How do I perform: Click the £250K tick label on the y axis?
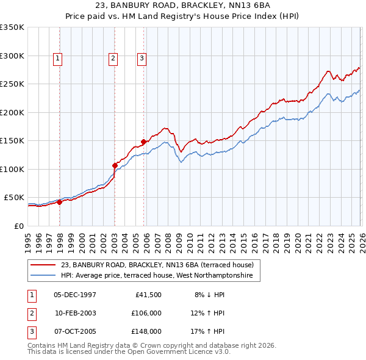pos(12,84)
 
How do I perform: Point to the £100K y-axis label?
pos(12,169)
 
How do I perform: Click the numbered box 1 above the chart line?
pos(57,59)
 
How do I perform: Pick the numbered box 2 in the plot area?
pos(113,59)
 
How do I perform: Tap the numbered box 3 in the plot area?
pos(142,59)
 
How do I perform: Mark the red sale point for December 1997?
pos(60,203)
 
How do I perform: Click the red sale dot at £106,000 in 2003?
pos(115,165)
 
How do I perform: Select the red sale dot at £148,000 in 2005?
pos(143,142)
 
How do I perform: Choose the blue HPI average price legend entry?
pos(159,276)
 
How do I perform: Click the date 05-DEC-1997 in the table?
pos(75,295)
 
